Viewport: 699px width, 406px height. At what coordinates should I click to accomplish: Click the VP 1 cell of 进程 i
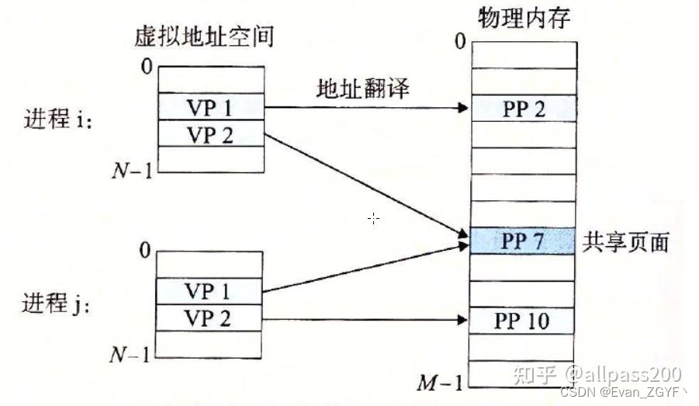point(210,108)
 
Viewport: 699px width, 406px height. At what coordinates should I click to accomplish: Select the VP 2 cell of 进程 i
point(210,134)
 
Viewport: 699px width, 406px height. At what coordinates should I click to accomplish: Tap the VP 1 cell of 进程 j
point(209,291)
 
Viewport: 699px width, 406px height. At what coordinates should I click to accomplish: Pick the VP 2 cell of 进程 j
point(209,317)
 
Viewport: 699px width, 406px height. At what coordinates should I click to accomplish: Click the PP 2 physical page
point(524,109)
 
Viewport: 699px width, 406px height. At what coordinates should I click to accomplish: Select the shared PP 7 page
point(524,241)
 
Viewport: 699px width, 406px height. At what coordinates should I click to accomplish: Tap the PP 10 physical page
point(524,320)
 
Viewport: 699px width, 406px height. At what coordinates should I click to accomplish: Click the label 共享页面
point(625,241)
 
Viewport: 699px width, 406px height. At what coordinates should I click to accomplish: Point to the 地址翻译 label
point(362,88)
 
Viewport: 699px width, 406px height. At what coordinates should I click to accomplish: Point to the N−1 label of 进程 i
point(133,169)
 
